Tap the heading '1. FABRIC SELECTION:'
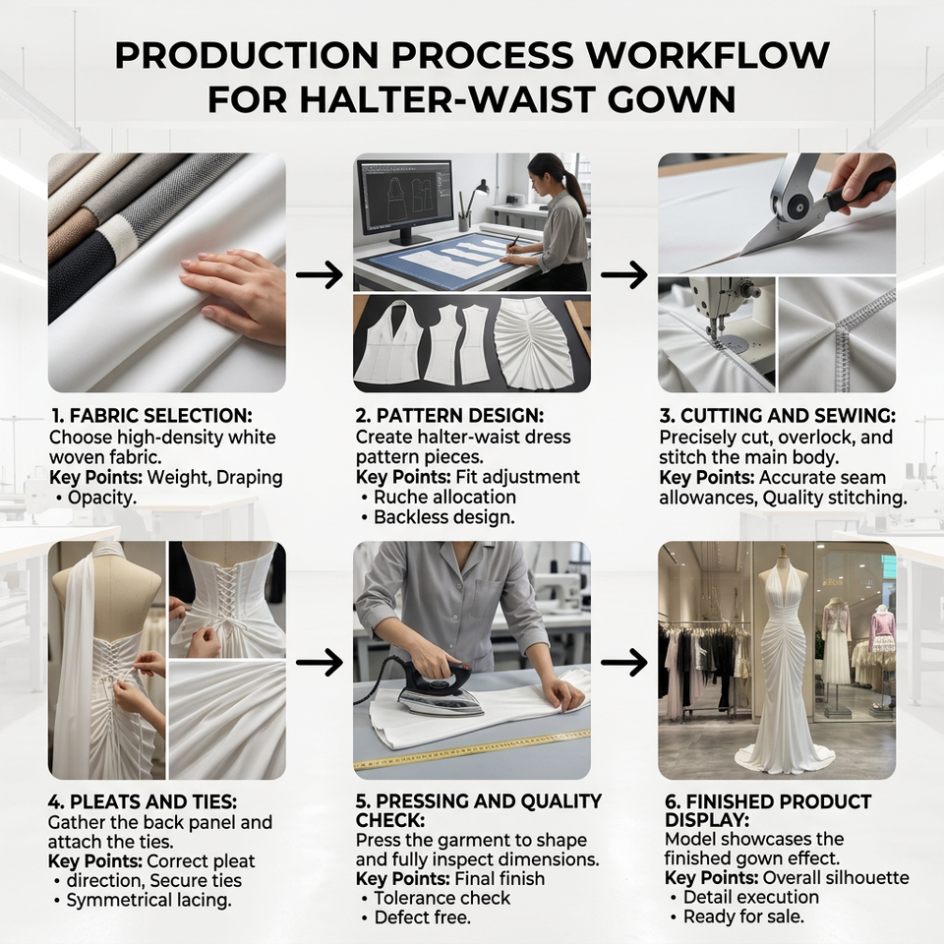pos(151,415)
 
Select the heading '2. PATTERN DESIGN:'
pos(449,415)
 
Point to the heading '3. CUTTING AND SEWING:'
pos(777,415)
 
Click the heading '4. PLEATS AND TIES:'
pos(143,802)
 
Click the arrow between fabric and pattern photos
pos(319,274)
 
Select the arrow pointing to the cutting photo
pos(623,274)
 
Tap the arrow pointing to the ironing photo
pos(319,662)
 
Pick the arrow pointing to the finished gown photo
pos(623,662)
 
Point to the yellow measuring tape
pos(471,749)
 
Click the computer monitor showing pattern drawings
pos(404,199)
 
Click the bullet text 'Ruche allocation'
pos(444,497)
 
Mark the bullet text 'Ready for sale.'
pos(743,916)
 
